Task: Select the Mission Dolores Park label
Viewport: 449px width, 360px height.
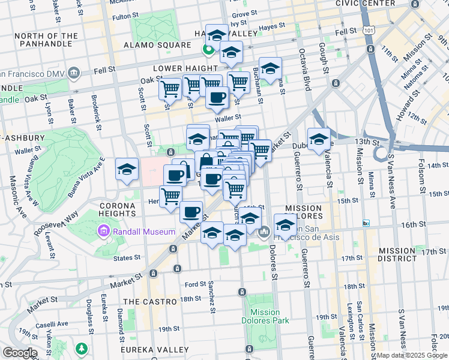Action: click(x=265, y=316)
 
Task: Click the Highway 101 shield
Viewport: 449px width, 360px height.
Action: click(x=366, y=29)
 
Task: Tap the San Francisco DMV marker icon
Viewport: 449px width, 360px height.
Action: click(x=74, y=73)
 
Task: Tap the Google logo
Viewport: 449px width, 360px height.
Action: click(x=20, y=353)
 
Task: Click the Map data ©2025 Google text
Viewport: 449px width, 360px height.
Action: click(x=412, y=355)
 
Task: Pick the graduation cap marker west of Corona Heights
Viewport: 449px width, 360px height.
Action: click(x=127, y=170)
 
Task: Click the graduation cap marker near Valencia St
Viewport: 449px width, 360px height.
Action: click(x=319, y=140)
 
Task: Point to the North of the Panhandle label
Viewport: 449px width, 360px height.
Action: click(x=46, y=40)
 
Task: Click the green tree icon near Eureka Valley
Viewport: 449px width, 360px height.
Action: click(x=80, y=348)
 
